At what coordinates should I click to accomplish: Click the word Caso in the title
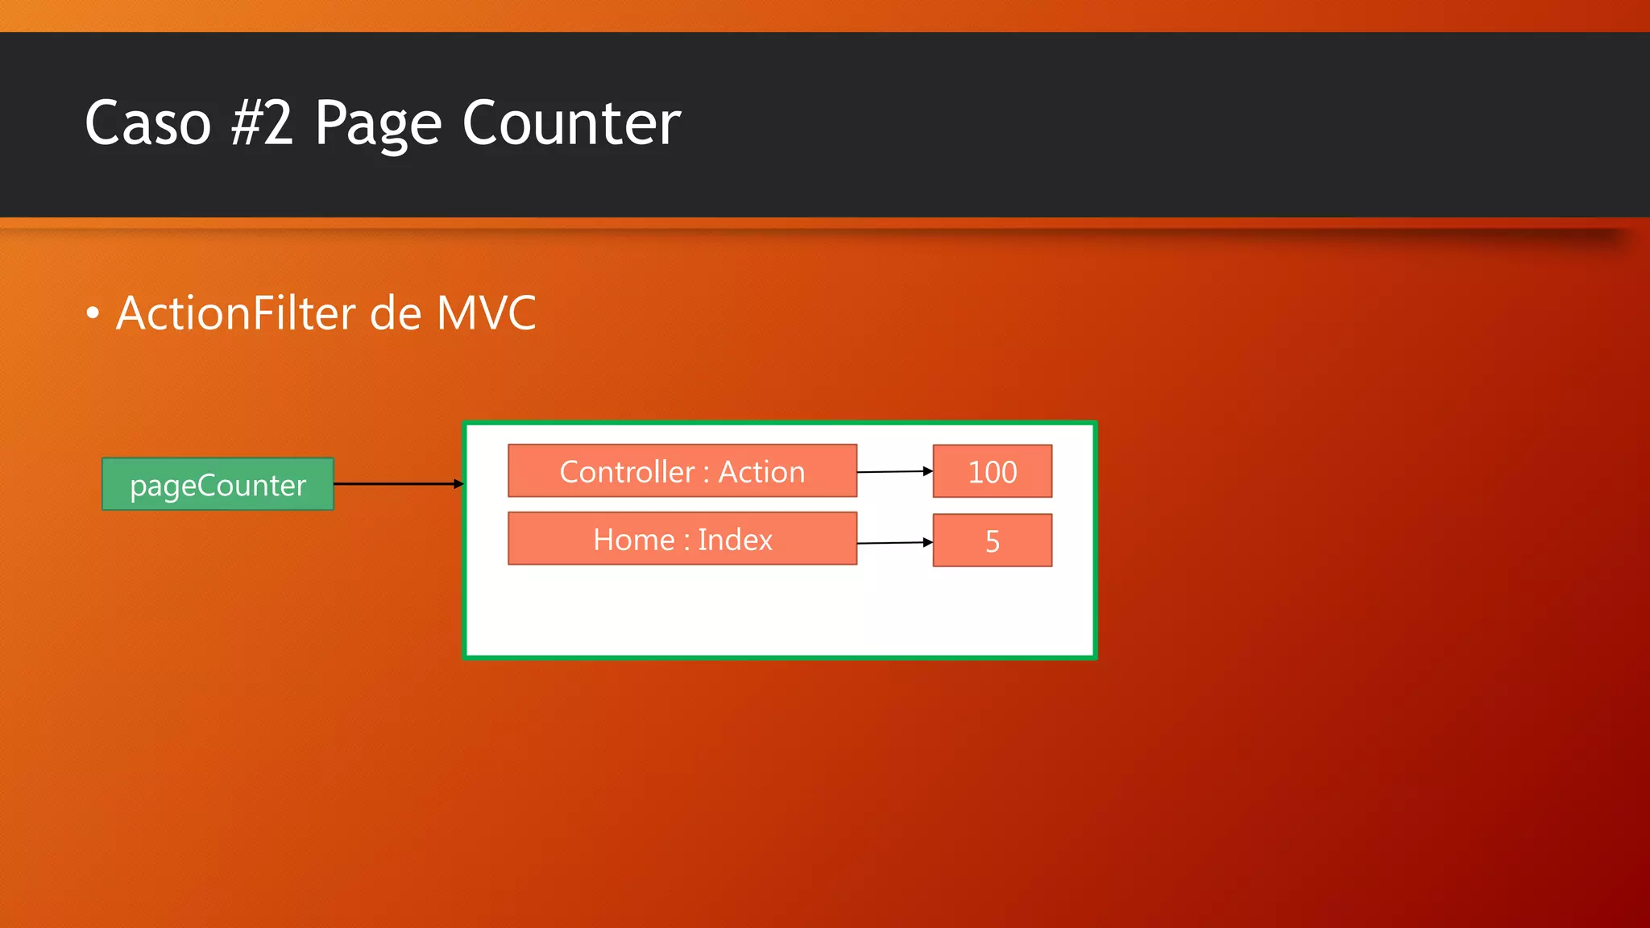[x=147, y=123]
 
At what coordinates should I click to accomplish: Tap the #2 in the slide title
[x=262, y=123]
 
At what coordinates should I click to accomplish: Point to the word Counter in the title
[x=571, y=123]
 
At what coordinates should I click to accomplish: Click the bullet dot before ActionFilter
[x=93, y=313]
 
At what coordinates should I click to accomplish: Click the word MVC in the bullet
[x=486, y=313]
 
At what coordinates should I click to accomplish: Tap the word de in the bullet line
[x=395, y=313]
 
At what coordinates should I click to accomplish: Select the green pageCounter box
[x=218, y=484]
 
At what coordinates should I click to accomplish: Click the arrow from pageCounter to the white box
[x=398, y=484]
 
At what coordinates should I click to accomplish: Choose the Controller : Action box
[x=682, y=471]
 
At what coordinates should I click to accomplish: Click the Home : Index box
[x=682, y=539]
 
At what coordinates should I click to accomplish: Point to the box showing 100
[x=992, y=471]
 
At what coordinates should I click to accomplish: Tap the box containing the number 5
[x=992, y=541]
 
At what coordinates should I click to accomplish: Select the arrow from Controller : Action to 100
[x=894, y=472]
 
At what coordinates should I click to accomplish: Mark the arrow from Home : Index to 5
[x=894, y=543]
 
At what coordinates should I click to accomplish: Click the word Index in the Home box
[x=735, y=540]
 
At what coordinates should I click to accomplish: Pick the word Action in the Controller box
[x=761, y=472]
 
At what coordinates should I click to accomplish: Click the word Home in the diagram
[x=633, y=540]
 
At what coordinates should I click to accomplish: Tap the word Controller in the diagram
[x=627, y=472]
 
